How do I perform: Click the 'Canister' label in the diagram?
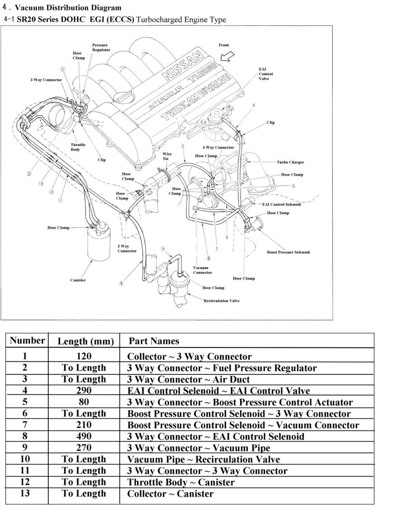(x=78, y=281)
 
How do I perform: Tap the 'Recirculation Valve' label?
(x=221, y=301)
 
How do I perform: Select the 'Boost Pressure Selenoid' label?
(x=288, y=252)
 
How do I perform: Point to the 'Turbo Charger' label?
(x=290, y=162)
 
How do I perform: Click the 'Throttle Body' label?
(x=78, y=147)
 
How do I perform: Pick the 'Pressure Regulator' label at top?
(x=101, y=48)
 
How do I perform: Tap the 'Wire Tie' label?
(x=167, y=156)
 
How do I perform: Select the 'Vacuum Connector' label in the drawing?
(x=202, y=270)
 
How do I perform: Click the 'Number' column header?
(x=27, y=341)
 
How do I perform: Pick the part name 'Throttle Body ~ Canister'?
(x=180, y=482)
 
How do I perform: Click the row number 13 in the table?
(x=25, y=493)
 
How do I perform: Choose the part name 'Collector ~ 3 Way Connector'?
(x=189, y=356)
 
